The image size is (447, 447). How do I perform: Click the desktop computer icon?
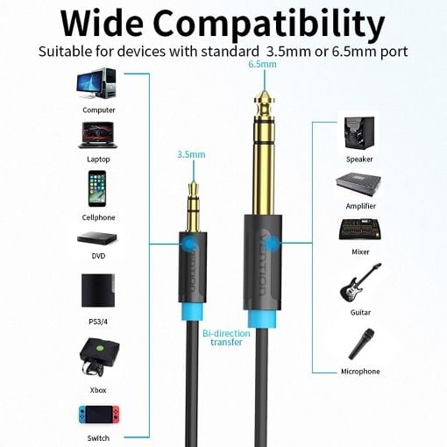click(96, 84)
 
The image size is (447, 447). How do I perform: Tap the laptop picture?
click(98, 135)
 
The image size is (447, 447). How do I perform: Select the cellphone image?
click(97, 188)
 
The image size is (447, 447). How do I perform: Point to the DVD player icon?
click(97, 238)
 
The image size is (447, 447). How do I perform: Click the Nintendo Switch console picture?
click(99, 415)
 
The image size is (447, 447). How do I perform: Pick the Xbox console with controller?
click(99, 357)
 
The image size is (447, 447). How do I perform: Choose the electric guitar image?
click(360, 282)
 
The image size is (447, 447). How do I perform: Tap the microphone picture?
click(362, 344)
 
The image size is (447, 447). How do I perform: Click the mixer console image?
click(360, 230)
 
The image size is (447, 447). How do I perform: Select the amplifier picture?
click(358, 185)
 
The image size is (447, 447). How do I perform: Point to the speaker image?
click(359, 133)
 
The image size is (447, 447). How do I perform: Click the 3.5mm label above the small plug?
click(191, 154)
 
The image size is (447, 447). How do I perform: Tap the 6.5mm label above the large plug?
click(262, 64)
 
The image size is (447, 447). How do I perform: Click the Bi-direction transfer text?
click(226, 337)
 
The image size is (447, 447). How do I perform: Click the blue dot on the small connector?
click(189, 244)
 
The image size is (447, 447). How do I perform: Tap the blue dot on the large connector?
click(270, 244)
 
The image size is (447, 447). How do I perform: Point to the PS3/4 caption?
click(98, 322)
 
